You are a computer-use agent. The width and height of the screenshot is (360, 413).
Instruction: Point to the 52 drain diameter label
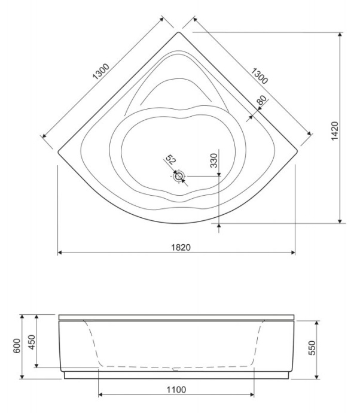click(x=170, y=160)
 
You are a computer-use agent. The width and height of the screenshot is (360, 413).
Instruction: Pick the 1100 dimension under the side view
click(x=176, y=390)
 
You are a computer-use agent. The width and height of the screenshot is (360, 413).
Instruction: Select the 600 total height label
click(x=16, y=346)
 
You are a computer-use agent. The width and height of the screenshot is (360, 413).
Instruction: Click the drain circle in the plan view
click(x=179, y=176)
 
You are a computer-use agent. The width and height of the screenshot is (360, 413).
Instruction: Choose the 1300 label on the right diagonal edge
click(x=258, y=75)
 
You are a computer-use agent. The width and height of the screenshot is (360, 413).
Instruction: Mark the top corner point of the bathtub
click(x=178, y=33)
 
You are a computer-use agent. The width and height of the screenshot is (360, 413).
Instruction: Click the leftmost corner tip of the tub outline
click(x=58, y=150)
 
